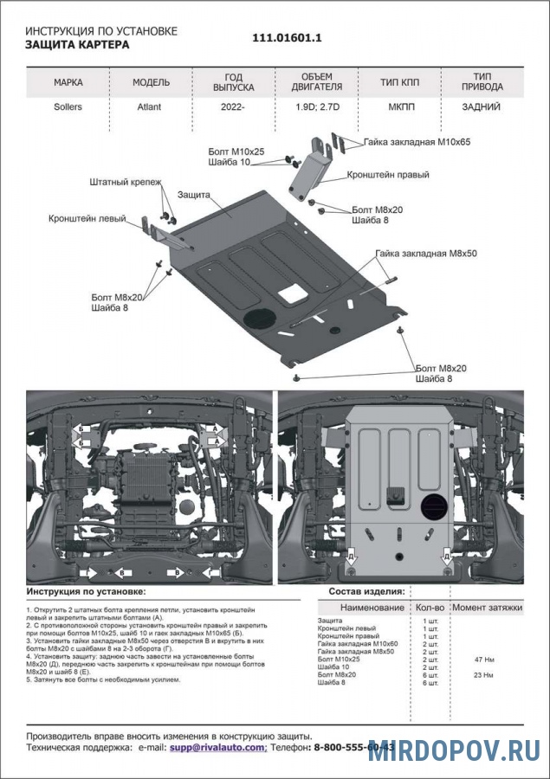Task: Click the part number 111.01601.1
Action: pyautogui.click(x=287, y=38)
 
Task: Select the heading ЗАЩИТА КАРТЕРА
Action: pyautogui.click(x=77, y=45)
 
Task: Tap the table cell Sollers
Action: pyautogui.click(x=68, y=109)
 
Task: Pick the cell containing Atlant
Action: pyautogui.click(x=150, y=109)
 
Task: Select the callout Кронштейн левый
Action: pyautogui.click(x=87, y=220)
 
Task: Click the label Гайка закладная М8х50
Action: pyautogui.click(x=426, y=254)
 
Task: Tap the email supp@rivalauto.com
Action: pyautogui.click(x=217, y=745)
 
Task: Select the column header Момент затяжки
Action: pyautogui.click(x=488, y=608)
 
